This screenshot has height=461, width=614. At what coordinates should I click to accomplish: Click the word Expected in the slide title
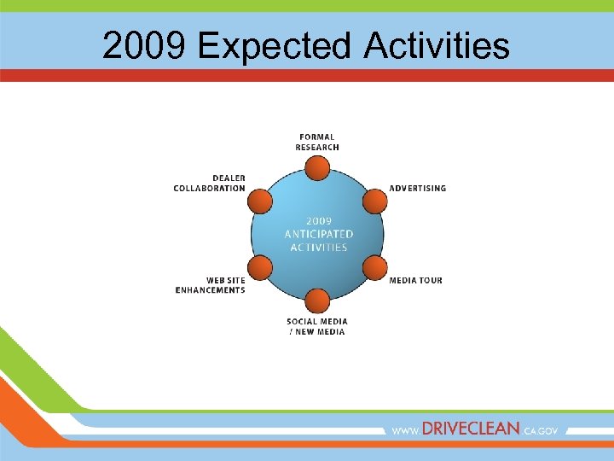[x=274, y=46]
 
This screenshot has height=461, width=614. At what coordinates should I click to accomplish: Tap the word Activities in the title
[x=437, y=46]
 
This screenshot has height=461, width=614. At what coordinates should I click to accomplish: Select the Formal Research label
[x=317, y=142]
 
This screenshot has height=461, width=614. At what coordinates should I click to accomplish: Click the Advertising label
[x=417, y=188]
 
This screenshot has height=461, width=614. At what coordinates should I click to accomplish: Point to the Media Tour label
[x=415, y=280]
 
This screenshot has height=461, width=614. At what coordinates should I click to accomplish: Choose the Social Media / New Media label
[x=317, y=327]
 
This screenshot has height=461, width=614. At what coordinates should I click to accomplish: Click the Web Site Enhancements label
[x=211, y=285]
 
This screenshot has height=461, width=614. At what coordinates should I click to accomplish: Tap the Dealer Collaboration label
[x=210, y=184]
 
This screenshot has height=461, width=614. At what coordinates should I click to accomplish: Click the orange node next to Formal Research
[x=317, y=168]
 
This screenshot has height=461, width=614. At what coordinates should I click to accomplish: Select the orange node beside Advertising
[x=374, y=201]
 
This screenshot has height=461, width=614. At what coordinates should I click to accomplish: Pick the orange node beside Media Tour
[x=374, y=268]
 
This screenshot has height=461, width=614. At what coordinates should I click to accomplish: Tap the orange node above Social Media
[x=317, y=301]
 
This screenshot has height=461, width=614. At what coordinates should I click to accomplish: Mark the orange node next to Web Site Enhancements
[x=260, y=268]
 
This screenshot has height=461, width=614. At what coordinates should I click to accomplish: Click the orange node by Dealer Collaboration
[x=260, y=201]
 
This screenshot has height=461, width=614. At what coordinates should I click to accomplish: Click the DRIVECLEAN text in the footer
[x=470, y=430]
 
